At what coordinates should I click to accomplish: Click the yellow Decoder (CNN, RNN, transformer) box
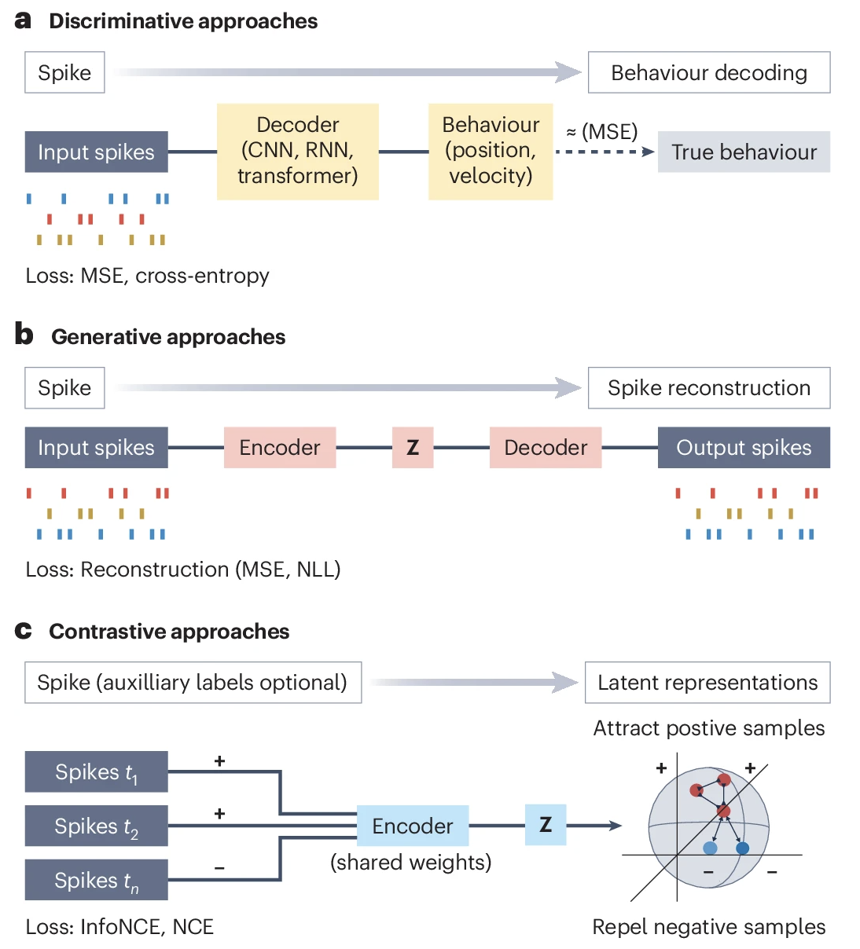click(297, 151)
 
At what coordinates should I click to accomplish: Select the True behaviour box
click(744, 152)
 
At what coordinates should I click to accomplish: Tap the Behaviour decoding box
click(708, 72)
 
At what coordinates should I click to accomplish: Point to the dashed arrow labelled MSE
click(604, 152)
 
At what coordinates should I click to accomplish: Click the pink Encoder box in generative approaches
click(280, 448)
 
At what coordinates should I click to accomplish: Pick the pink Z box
click(413, 448)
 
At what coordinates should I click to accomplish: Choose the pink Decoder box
click(546, 448)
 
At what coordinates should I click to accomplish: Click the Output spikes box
click(744, 448)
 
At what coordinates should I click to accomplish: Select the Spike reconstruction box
click(708, 388)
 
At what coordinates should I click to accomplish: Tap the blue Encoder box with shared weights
click(413, 826)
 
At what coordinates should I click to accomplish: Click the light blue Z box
click(546, 825)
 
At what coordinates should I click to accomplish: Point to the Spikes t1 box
click(96, 772)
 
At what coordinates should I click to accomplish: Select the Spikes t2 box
click(96, 826)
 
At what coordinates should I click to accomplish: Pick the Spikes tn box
click(96, 880)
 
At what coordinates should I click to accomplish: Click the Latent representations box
click(707, 683)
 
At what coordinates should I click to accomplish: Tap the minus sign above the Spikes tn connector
click(220, 868)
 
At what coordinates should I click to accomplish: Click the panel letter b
click(24, 335)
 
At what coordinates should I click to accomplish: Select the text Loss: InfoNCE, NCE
click(119, 927)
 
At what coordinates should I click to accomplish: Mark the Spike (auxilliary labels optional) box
click(193, 683)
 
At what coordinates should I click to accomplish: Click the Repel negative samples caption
click(708, 927)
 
